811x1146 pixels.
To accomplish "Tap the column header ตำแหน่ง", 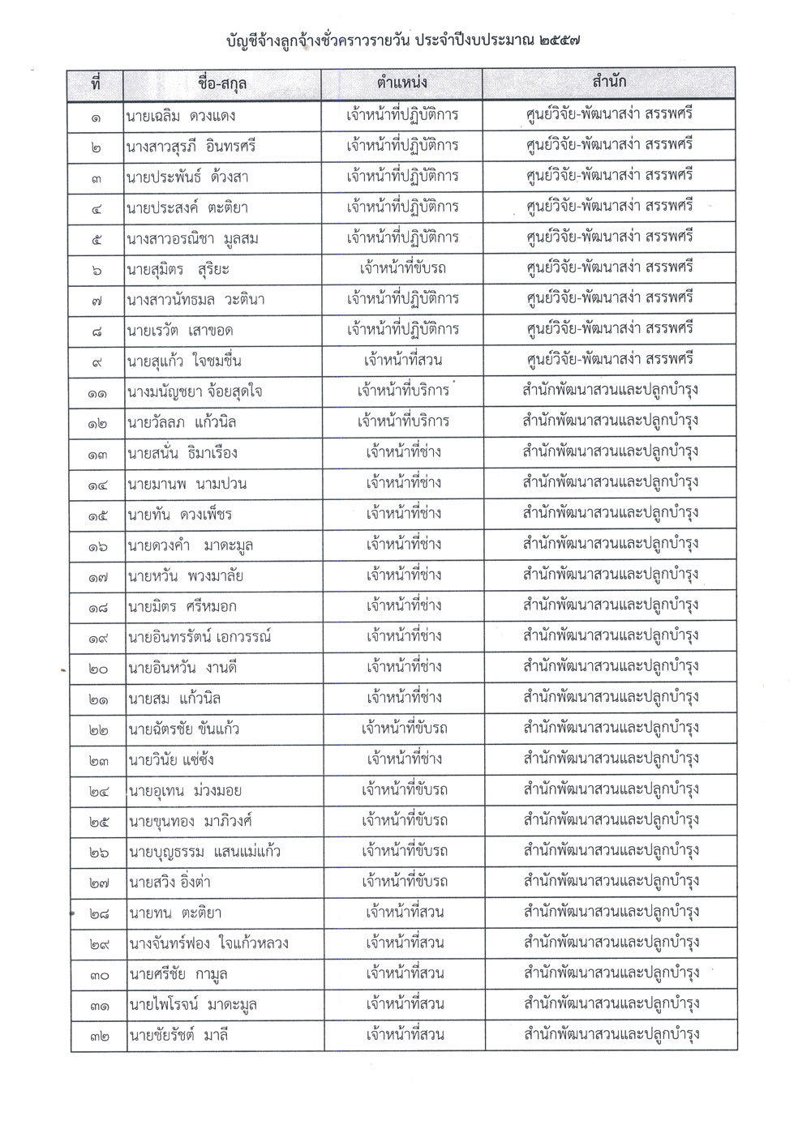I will [402, 83].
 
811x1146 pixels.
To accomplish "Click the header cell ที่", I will [96, 83].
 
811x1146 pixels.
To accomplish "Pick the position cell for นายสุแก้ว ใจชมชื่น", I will [403, 360].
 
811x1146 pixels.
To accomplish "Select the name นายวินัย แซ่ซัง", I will [170, 760].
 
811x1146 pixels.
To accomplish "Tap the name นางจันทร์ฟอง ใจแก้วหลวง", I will [208, 943].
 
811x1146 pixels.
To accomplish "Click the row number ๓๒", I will [98, 1036].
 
